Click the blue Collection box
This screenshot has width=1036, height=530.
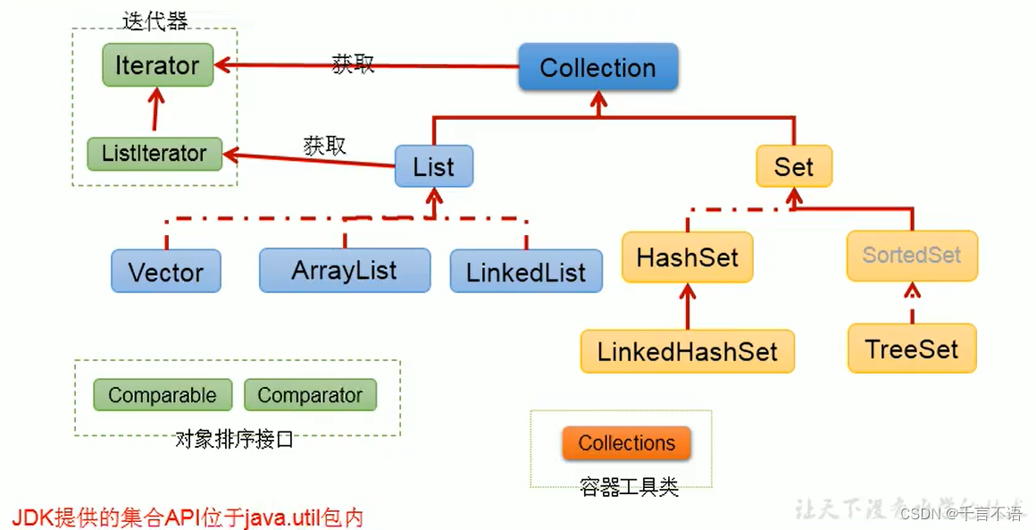[x=597, y=68]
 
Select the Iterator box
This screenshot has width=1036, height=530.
[x=157, y=65]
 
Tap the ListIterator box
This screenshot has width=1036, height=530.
[x=154, y=153]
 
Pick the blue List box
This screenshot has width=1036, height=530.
[x=433, y=166]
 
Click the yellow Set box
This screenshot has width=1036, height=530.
[x=793, y=166]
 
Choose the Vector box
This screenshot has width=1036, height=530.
[x=165, y=271]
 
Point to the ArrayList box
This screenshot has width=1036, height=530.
[x=344, y=269]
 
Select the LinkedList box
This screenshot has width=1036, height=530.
[x=525, y=271]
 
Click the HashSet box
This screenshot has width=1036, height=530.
[x=687, y=257]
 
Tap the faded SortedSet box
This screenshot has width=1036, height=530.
[x=911, y=255]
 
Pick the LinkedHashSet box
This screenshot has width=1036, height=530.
[x=687, y=350]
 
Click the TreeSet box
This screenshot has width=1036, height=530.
[x=911, y=348]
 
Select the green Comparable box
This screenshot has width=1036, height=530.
[x=162, y=395]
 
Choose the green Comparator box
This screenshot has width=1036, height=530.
[x=310, y=395]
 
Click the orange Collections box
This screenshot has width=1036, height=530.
[x=626, y=443]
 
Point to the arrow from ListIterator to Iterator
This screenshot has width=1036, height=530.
[x=156, y=111]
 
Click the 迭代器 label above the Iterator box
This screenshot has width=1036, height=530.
[x=155, y=21]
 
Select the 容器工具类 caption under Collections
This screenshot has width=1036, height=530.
[x=629, y=487]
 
